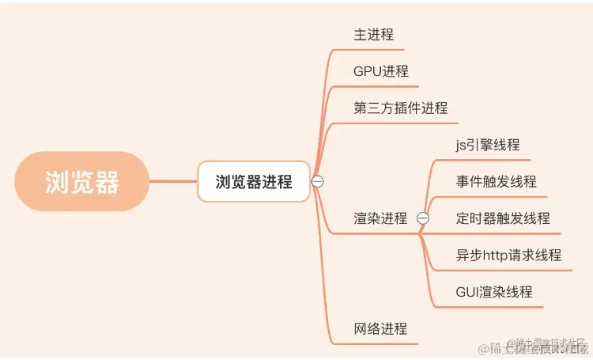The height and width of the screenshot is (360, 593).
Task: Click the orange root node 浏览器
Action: [x=82, y=182]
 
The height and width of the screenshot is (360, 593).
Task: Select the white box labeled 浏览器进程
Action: [x=254, y=182]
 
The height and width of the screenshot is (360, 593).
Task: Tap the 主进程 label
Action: [x=373, y=35]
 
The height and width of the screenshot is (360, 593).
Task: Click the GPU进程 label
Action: [x=381, y=71]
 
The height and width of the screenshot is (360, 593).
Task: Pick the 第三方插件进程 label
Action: [x=400, y=108]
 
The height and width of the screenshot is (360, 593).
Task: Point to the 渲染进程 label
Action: [x=380, y=218]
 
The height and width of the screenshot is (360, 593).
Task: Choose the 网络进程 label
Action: [x=380, y=328]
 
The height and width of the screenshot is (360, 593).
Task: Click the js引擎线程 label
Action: [x=487, y=145]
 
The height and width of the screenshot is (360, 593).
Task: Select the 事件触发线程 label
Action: [x=496, y=181]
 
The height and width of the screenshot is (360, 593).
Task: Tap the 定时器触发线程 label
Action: [x=503, y=218]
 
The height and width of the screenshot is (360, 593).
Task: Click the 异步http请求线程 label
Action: [x=508, y=255]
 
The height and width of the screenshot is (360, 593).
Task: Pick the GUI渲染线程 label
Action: [x=494, y=292]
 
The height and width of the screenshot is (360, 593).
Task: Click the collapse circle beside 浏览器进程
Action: [x=318, y=181]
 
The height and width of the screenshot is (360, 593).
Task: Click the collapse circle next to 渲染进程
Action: [x=422, y=218]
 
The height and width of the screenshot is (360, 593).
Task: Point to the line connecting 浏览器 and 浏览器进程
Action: [x=173, y=182]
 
